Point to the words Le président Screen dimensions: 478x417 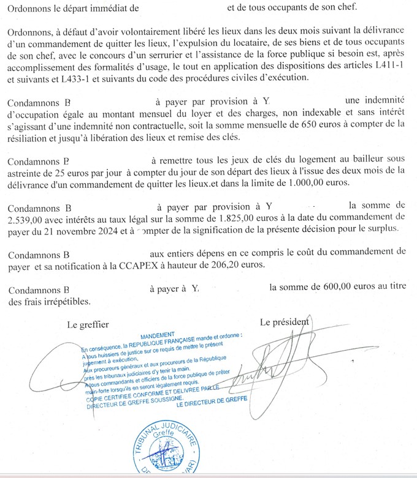[284, 322]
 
